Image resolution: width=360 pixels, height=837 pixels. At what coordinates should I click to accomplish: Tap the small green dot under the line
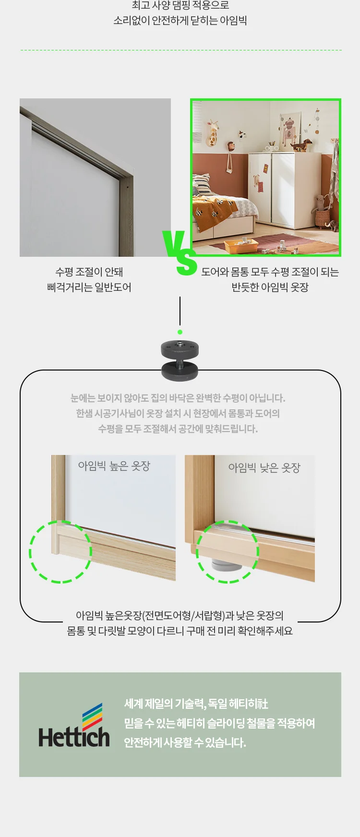coord(180,332)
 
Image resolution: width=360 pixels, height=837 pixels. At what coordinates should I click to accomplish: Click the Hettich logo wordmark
coord(74,737)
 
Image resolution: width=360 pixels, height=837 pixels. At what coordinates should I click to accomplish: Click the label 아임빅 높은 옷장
coord(114,466)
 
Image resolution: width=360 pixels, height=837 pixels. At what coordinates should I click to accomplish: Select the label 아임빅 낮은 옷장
coord(264,467)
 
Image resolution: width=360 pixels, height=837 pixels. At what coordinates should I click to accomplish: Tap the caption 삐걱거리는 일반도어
coord(89,287)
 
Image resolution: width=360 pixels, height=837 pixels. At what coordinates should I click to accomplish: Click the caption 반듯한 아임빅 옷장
coord(270,287)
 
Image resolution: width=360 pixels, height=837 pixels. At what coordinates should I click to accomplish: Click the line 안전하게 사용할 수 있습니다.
coord(185,742)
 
